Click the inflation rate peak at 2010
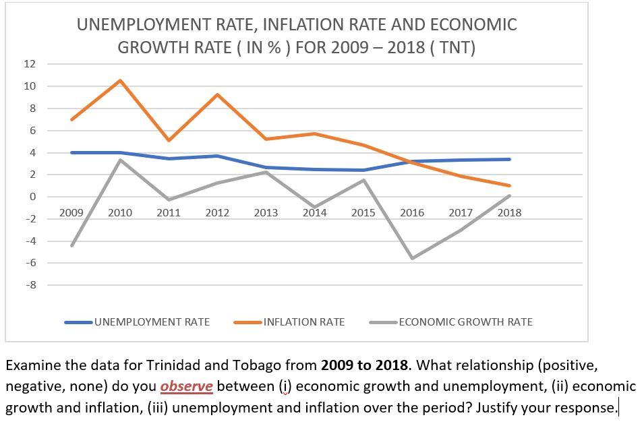click(120, 81)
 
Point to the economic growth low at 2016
click(412, 258)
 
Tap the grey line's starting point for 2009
click(71, 245)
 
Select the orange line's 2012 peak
click(217, 94)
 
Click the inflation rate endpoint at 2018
click(509, 185)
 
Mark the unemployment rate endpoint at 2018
click(509, 159)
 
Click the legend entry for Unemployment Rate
click(151, 322)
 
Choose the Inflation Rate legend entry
click(303, 322)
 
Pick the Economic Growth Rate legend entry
click(465, 322)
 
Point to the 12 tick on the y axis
click(29, 64)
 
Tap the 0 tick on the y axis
click(32, 197)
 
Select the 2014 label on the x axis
click(314, 212)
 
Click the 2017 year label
click(461, 212)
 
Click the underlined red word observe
click(186, 386)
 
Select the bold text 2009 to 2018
click(364, 365)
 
